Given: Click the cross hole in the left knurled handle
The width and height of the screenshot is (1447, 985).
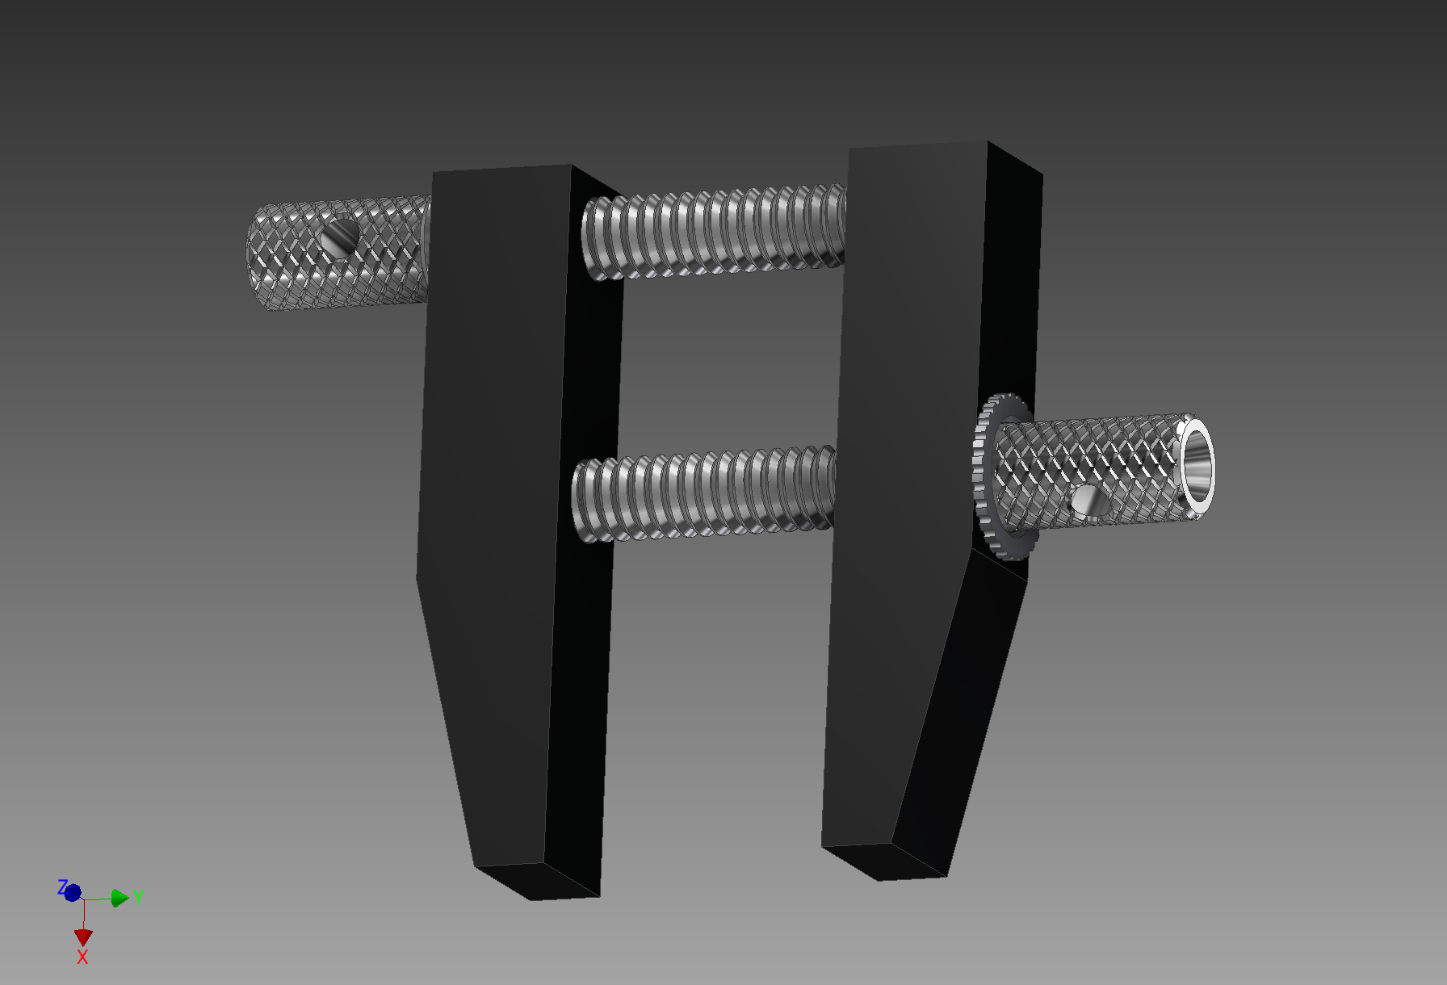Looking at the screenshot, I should point(340,237).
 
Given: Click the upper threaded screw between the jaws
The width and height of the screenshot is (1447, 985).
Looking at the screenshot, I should point(715,233).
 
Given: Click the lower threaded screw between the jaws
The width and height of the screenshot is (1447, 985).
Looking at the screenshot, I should point(703,494).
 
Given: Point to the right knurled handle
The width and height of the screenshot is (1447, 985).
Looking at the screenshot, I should point(1098,468).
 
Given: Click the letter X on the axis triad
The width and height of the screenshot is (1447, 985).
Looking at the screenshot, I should point(82,958).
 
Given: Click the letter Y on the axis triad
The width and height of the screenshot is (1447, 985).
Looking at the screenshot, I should point(139,896).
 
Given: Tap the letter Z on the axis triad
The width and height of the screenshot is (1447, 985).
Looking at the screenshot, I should point(61,887).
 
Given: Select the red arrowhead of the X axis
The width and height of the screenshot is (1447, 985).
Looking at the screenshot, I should point(83,937).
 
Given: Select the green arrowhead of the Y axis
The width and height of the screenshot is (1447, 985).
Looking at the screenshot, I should point(120,898).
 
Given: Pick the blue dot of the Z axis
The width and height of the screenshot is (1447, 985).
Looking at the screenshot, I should point(73,893).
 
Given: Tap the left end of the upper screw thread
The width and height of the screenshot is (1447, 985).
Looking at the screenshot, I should point(593,238).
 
